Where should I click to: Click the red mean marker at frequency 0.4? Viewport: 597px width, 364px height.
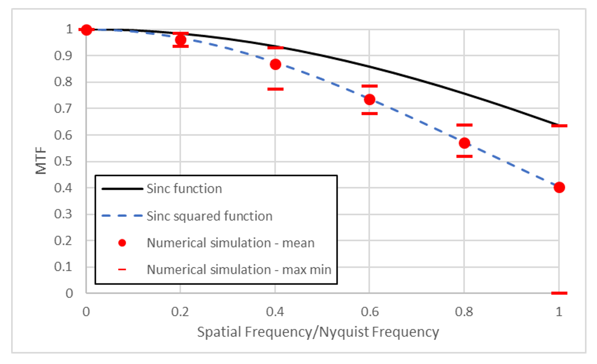click(x=275, y=64)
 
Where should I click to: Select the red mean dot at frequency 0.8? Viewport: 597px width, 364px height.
click(x=464, y=143)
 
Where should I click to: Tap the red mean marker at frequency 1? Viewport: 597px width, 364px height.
click(x=559, y=187)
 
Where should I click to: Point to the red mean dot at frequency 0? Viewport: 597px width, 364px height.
click(x=86, y=30)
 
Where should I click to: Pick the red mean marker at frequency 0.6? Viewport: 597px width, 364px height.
click(x=370, y=99)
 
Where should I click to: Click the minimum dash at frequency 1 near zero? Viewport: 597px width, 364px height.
click(x=559, y=293)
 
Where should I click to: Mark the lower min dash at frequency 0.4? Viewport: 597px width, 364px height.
click(x=275, y=89)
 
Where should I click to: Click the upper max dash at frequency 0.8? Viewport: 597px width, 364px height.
click(x=464, y=125)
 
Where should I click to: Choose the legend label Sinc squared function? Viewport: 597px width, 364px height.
click(x=209, y=216)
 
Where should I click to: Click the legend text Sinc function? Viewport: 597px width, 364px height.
click(x=184, y=189)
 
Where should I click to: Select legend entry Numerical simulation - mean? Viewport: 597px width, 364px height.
click(x=230, y=243)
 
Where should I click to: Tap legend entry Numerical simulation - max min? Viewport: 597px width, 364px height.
click(x=239, y=270)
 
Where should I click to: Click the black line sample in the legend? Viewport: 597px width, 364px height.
click(x=122, y=189)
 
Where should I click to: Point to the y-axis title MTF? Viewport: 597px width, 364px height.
click(x=41, y=161)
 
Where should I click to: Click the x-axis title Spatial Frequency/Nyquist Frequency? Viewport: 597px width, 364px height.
click(x=318, y=332)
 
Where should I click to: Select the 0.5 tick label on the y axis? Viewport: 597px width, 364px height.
click(x=63, y=161)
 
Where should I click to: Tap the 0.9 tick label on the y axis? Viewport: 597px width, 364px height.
click(x=63, y=56)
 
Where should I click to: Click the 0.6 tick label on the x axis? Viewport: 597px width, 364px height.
click(x=370, y=312)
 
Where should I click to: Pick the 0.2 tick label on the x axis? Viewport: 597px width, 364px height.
click(x=180, y=312)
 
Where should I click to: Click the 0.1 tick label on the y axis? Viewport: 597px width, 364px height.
click(x=63, y=267)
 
